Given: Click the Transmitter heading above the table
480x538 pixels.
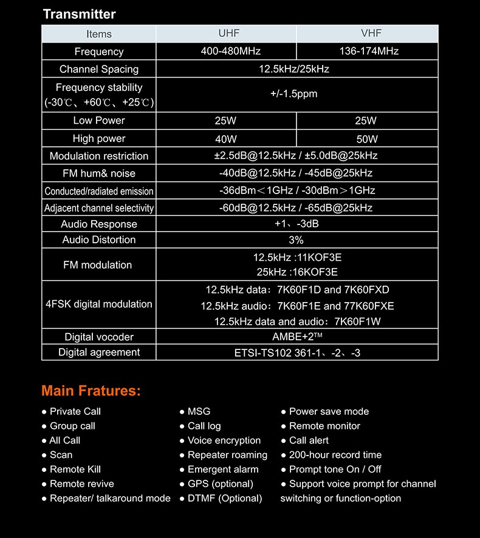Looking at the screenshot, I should [79, 14].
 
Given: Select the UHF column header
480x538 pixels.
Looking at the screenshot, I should [226, 33].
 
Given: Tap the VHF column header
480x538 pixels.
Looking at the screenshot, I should [367, 33].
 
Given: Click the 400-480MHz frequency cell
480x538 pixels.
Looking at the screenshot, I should [226, 51].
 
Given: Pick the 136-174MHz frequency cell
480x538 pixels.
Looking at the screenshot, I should [367, 51].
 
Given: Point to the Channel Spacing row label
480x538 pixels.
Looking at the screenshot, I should [98, 69].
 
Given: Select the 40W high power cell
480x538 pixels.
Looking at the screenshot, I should [226, 139].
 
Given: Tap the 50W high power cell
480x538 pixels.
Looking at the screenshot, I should [367, 139].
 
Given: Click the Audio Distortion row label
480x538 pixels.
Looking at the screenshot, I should [98, 240].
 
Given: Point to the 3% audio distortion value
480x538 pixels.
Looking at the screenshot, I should [297, 240].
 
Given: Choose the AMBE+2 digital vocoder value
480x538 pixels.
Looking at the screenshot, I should [297, 337].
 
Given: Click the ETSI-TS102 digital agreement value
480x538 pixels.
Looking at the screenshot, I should [297, 352].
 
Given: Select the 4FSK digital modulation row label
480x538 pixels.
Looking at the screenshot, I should [98, 304].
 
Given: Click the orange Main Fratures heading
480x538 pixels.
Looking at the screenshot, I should [91, 391].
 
